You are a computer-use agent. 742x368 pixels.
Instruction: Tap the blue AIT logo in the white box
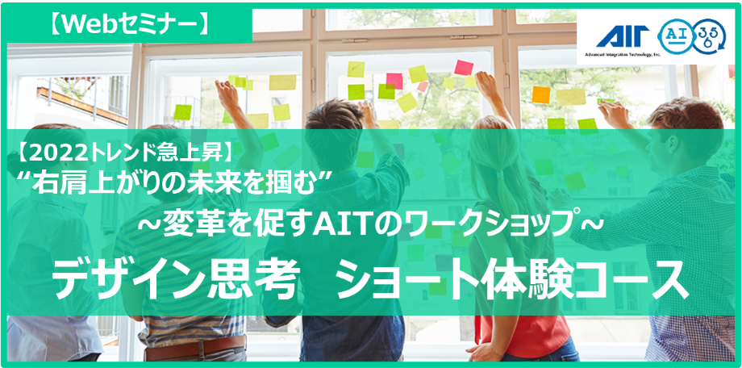[x=622, y=37]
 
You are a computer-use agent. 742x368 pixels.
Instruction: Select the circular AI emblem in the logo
[x=677, y=36]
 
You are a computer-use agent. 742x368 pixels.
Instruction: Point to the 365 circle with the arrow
[x=708, y=36]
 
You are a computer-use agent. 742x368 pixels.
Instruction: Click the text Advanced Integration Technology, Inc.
[x=622, y=54]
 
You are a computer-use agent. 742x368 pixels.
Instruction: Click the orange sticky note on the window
[x=541, y=94]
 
